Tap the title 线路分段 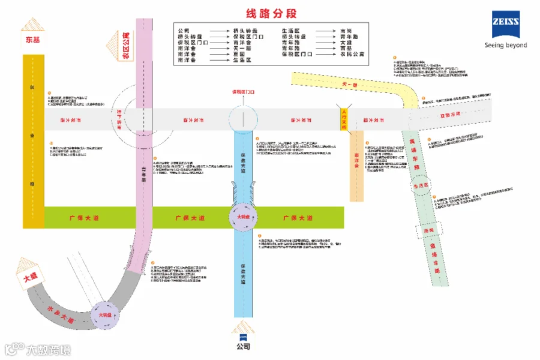(x=271, y=13)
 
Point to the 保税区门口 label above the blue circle (x=244, y=92)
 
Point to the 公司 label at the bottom (x=243, y=346)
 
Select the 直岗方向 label (x=450, y=113)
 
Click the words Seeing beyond (x=506, y=45)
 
